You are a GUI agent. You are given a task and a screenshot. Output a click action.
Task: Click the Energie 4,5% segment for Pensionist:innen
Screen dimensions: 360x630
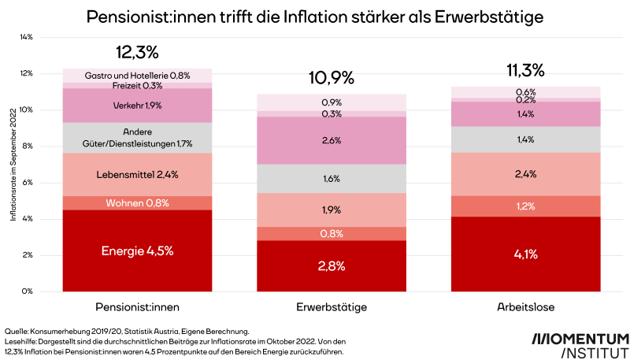click(x=137, y=251)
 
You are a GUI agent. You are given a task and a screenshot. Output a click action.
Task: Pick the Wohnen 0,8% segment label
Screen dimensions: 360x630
click(x=137, y=203)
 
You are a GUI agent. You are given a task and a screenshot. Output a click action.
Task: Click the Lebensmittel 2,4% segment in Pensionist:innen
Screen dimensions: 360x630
click(x=137, y=174)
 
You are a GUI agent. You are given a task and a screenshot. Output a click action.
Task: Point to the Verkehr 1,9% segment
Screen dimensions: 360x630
click(x=137, y=105)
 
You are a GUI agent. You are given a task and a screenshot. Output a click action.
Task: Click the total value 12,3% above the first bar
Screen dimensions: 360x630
click(x=137, y=53)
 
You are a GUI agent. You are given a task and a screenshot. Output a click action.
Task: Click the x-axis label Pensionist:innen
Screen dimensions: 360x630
click(x=137, y=305)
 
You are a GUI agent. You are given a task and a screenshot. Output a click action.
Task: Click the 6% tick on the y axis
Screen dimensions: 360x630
click(x=27, y=183)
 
